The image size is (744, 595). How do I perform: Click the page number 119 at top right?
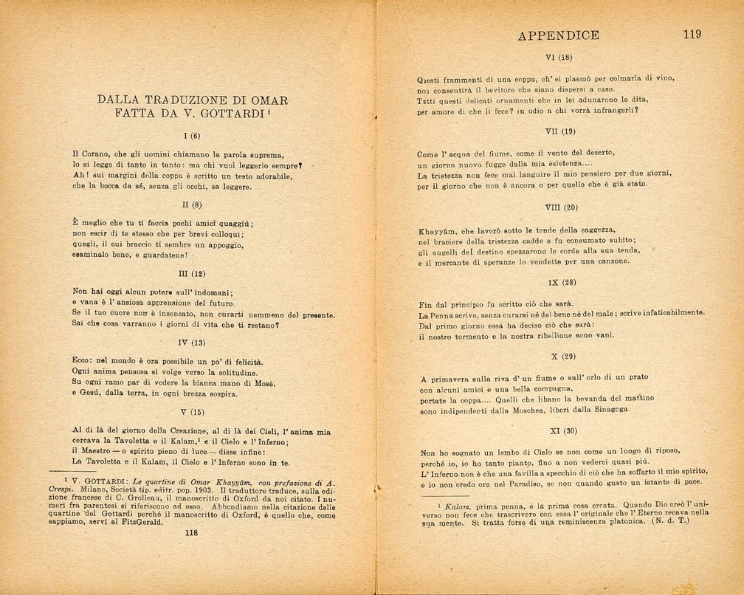coord(692,35)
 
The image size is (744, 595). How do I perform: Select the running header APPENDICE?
coord(558,35)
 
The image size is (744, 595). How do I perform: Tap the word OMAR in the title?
coord(269,100)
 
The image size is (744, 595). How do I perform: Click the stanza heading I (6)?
coord(192,136)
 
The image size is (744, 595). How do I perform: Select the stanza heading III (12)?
coord(192,273)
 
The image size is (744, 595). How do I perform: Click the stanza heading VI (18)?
coord(558,57)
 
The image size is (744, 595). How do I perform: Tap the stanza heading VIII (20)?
coord(561,207)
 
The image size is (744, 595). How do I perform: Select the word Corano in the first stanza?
coord(95,155)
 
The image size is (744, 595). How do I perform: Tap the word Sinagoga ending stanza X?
coord(610,410)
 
